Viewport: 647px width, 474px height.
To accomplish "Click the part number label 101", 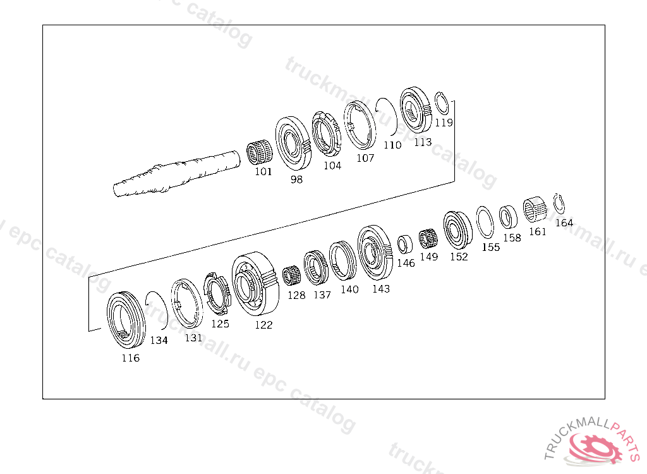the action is click(x=263, y=171).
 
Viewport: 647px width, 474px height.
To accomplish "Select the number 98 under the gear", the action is click(x=296, y=179).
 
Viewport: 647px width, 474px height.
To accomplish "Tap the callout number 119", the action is click(x=444, y=123).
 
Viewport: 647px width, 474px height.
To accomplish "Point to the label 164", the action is click(x=564, y=223).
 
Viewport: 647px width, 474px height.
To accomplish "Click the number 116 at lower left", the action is click(x=130, y=358).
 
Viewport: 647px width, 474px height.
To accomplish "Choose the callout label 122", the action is click(x=263, y=325).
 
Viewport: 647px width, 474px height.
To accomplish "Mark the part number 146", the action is click(x=406, y=263).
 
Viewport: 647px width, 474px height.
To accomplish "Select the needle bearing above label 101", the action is click(x=259, y=152).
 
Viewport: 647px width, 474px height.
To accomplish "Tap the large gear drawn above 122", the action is click(x=255, y=281).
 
